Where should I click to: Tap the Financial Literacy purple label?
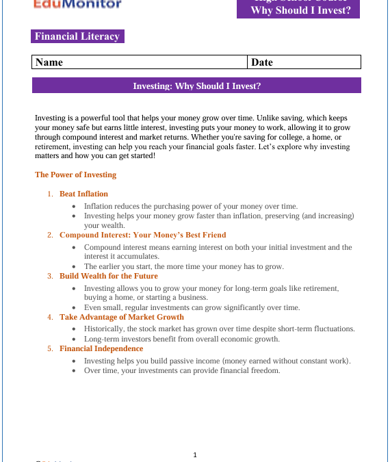77,37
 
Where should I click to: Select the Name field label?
49,62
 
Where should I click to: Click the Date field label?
262,62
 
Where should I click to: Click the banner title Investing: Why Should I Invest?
196,86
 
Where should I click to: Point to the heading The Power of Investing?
75,175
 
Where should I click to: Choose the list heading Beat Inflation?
83,194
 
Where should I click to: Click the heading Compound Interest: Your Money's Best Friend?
142,235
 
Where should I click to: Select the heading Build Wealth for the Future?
108,276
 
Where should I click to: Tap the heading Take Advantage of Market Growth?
122,317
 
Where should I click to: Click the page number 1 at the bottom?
195,454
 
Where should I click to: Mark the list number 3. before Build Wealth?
50,276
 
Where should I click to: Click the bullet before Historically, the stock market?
75,329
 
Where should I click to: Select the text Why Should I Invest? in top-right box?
300,10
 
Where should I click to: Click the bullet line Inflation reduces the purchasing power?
190,205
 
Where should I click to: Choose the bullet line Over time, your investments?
181,370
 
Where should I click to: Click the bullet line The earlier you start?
183,266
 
